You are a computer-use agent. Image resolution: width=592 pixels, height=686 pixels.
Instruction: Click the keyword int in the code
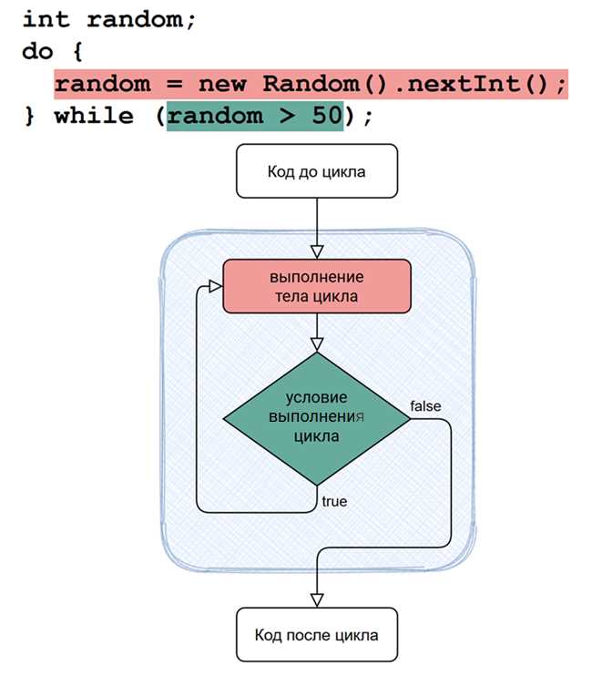coord(46,20)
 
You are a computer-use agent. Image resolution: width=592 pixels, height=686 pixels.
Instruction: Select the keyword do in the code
coord(37,52)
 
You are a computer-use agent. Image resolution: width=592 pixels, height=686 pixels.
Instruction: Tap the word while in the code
coord(94,116)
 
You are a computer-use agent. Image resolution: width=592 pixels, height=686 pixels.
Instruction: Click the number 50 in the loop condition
coord(327,116)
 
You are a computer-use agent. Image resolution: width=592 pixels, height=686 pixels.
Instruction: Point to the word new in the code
coord(222,84)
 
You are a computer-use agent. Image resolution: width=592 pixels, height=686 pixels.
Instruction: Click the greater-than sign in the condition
coord(287,117)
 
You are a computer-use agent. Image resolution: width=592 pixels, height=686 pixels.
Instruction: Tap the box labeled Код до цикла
coord(317,171)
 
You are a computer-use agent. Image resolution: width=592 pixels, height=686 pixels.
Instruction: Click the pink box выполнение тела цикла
coord(317,286)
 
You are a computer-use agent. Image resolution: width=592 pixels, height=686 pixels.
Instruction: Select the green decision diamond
coord(317,419)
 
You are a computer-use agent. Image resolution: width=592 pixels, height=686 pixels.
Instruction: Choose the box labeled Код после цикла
coord(317,634)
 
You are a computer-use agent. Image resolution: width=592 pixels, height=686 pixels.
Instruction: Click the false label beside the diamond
coord(425,406)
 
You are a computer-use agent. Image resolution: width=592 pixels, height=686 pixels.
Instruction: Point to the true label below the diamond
coord(334,501)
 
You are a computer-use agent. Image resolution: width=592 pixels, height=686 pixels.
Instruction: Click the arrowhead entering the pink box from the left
coord(216,287)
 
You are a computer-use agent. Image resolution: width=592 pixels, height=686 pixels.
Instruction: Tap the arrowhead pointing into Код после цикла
coord(317,600)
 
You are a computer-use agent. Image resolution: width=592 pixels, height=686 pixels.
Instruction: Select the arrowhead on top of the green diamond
coord(317,344)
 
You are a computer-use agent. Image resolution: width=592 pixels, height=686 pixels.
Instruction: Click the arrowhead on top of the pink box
coord(317,252)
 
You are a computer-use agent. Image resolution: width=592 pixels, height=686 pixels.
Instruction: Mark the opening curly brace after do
coord(77,52)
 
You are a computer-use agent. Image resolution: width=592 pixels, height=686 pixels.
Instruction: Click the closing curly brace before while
coord(29,116)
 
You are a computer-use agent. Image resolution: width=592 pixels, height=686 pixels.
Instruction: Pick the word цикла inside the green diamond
coord(316,436)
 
